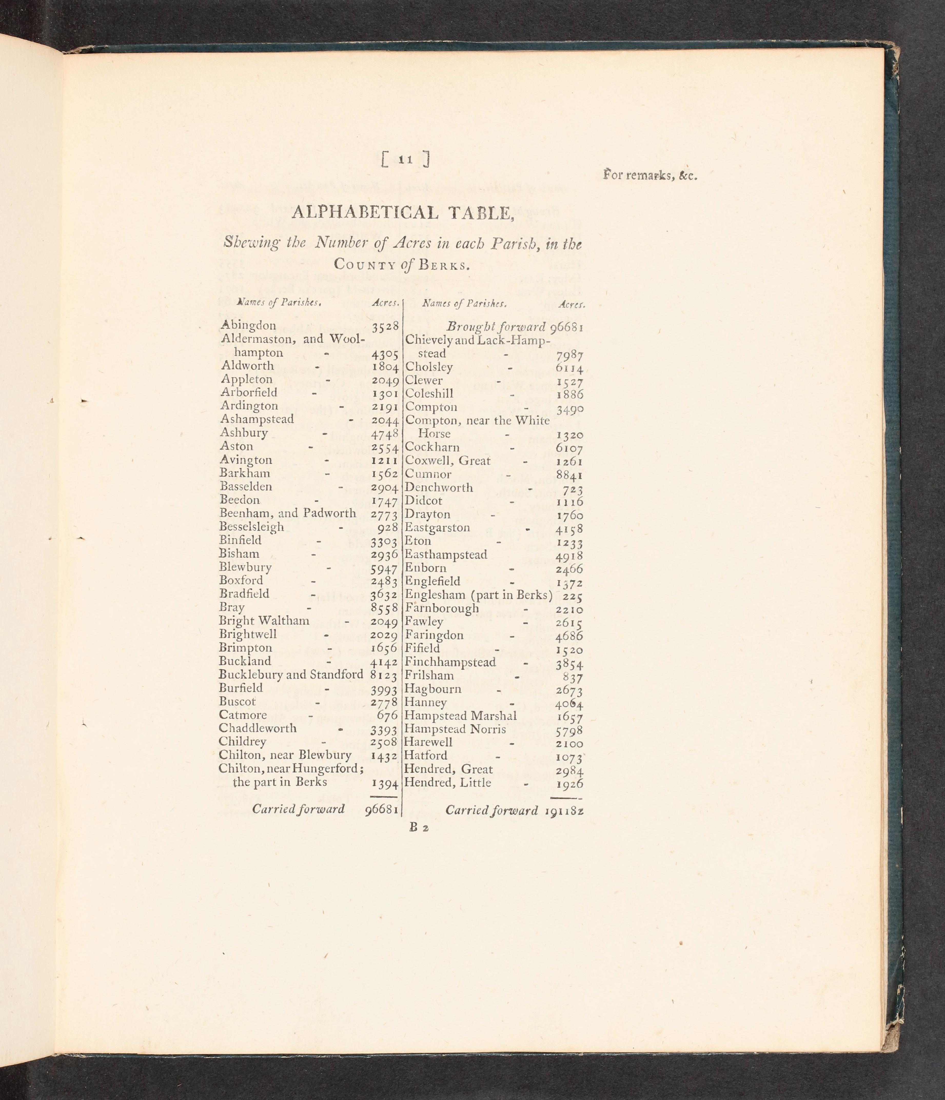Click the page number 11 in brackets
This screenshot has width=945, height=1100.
point(405,159)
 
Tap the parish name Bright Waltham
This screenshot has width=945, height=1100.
point(264,621)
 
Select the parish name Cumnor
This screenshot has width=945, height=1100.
point(428,474)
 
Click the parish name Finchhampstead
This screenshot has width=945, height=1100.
point(450,662)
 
